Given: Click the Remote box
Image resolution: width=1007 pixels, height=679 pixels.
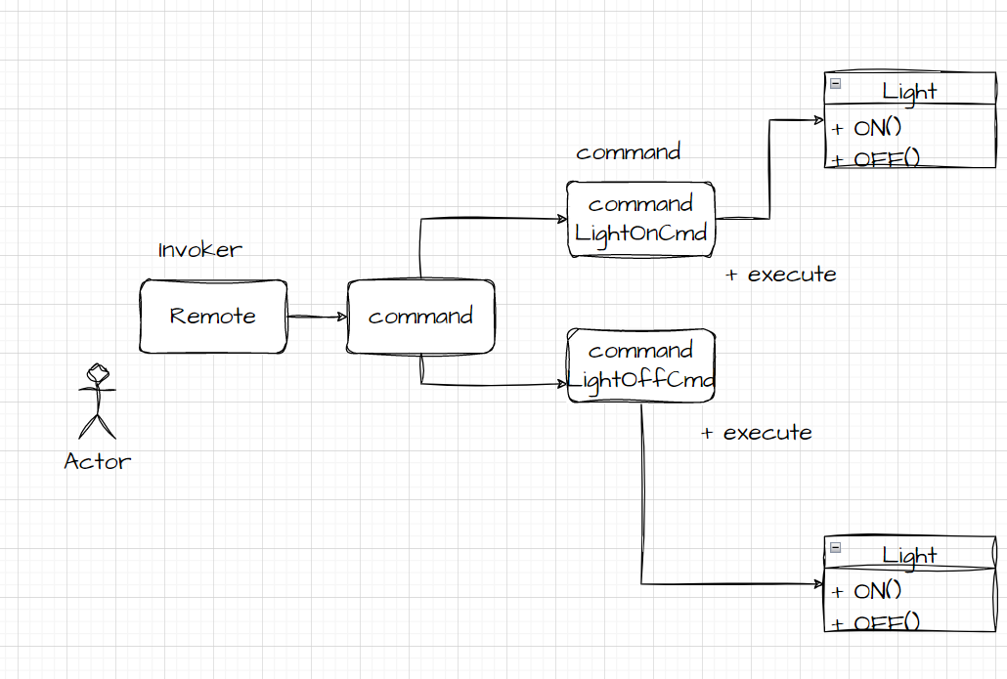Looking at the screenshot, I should [212, 317].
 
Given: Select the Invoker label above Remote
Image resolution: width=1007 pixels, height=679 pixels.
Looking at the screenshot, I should [199, 250].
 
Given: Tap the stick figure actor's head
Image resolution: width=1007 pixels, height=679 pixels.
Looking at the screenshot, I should [98, 372].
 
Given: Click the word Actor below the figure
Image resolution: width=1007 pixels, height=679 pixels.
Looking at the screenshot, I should [97, 461].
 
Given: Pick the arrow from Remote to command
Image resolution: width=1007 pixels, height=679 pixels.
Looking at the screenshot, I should [318, 317].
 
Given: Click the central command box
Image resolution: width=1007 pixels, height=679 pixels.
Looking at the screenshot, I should [420, 317].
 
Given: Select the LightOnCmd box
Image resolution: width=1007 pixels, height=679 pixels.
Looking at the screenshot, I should [640, 219].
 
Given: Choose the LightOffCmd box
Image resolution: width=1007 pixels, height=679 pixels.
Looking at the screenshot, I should [641, 365].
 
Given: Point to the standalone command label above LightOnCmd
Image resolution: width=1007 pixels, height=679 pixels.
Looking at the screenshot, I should [628, 152].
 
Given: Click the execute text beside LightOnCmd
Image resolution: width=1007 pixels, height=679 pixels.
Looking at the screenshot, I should [781, 275].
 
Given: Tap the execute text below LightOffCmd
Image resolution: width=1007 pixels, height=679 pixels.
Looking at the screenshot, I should [757, 433].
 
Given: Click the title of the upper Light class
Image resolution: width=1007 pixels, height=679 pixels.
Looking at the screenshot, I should [909, 92].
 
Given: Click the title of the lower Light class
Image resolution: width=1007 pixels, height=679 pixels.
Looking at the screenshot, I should [909, 555].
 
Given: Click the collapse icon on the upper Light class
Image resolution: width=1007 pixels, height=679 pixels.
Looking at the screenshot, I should [836, 84].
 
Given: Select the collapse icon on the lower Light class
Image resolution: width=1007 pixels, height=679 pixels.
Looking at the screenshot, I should [836, 548].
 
